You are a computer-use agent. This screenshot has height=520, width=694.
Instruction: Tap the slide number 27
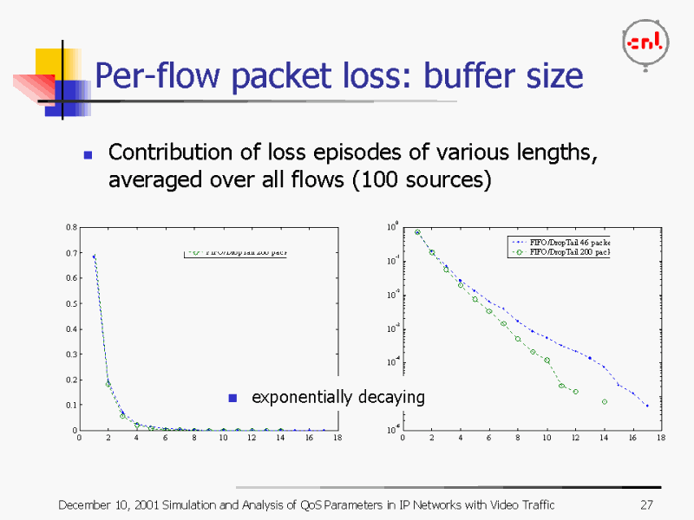click(645, 505)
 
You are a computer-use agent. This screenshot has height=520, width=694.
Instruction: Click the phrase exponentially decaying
click(337, 397)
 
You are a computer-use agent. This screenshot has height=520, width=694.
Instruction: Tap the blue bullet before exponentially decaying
click(232, 398)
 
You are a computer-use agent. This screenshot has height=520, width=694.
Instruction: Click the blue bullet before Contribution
click(88, 155)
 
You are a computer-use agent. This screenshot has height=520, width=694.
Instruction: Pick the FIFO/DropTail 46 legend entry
click(564, 242)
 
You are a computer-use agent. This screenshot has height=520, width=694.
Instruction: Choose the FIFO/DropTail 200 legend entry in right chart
click(564, 252)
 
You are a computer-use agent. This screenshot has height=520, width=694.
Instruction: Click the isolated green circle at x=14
click(605, 401)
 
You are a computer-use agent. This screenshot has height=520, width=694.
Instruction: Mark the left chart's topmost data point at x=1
click(94, 256)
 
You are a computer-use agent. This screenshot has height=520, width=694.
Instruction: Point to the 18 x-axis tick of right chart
click(661, 439)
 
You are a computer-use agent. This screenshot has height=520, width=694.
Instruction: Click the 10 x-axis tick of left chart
click(223, 439)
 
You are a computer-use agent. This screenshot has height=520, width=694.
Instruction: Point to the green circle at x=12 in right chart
click(575, 392)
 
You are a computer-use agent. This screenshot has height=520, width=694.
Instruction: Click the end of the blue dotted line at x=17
click(647, 406)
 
